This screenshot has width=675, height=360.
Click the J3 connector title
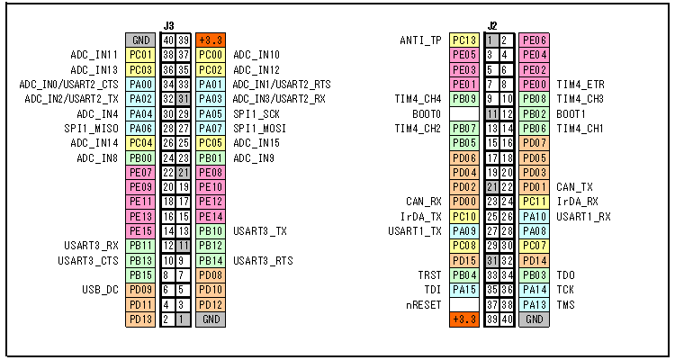click(169, 26)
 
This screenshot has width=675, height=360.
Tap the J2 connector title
click(492, 26)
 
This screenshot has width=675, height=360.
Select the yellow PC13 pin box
click(464, 40)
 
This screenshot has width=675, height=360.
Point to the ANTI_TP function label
click(420, 40)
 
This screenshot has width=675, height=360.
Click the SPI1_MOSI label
click(259, 129)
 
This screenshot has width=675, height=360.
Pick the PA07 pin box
click(211, 129)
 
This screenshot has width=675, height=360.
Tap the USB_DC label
click(100, 290)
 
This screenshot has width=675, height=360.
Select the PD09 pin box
click(140, 290)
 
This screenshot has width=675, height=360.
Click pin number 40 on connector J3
click(168, 40)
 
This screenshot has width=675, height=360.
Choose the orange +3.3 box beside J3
click(211, 40)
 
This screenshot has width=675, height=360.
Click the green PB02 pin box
click(534, 114)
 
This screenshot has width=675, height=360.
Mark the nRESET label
click(423, 305)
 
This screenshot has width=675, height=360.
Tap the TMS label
click(566, 305)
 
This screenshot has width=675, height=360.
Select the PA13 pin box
click(534, 305)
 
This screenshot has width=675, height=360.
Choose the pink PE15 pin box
click(140, 230)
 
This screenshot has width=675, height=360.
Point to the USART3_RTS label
click(263, 260)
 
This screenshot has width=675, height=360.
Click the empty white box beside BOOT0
click(464, 114)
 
